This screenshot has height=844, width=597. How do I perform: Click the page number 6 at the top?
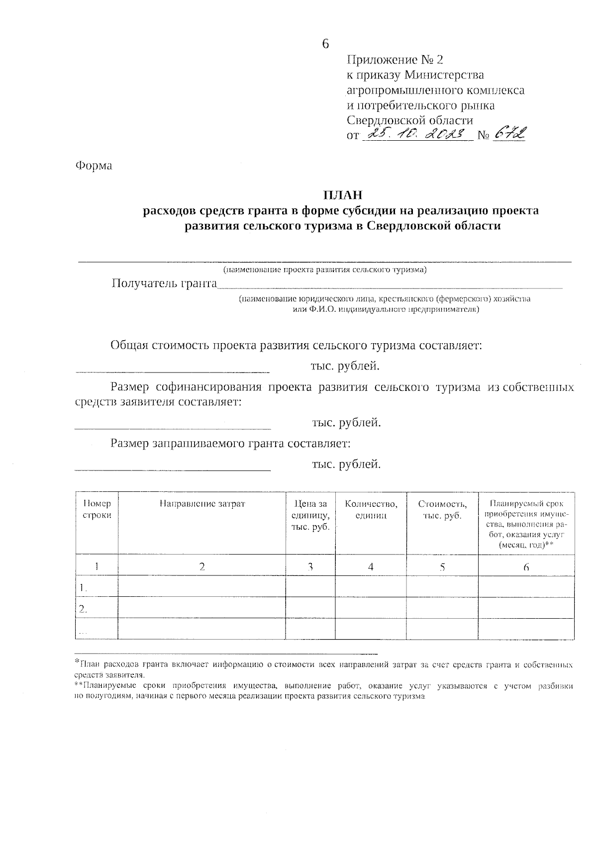[x=325, y=44]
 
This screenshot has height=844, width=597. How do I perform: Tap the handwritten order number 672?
[x=509, y=133]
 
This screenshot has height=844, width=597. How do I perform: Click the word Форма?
[x=94, y=166]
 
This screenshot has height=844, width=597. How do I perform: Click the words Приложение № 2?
[x=394, y=60]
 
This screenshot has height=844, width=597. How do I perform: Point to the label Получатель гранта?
[x=164, y=283]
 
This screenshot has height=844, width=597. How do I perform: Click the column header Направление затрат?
[x=202, y=504]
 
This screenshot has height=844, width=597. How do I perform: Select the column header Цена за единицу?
[x=310, y=515]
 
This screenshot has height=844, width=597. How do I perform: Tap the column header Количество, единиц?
[x=371, y=510]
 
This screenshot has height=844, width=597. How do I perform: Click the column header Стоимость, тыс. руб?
[x=442, y=510]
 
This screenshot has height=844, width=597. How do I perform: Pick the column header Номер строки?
[x=97, y=510]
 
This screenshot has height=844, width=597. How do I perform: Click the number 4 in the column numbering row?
[x=371, y=566]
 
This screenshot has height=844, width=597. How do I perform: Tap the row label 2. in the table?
[x=83, y=608]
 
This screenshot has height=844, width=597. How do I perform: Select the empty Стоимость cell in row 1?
[x=442, y=587]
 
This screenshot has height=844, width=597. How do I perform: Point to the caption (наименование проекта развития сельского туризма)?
[x=324, y=270]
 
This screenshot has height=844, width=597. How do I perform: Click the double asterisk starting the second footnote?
[x=79, y=686]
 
